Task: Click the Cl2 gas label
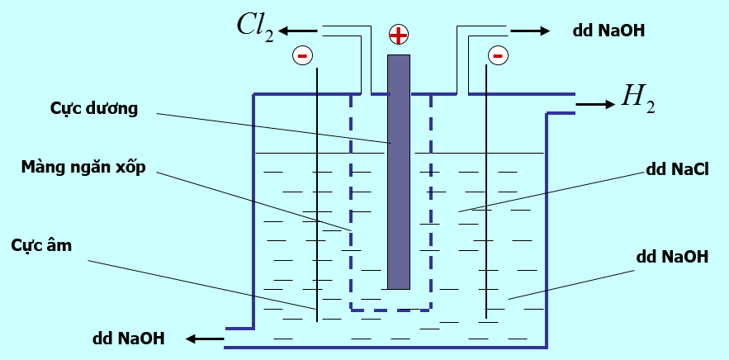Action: (254, 31)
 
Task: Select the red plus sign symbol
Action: (399, 35)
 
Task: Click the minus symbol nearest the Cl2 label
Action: (302, 55)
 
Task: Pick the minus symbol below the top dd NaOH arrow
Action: (497, 55)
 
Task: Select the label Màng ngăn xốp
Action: (84, 168)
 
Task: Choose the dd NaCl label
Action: (679, 170)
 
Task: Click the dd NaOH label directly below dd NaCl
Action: (672, 257)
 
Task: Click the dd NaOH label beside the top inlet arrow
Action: (608, 31)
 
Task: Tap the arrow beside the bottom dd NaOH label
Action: (204, 338)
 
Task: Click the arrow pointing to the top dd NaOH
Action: (529, 31)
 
